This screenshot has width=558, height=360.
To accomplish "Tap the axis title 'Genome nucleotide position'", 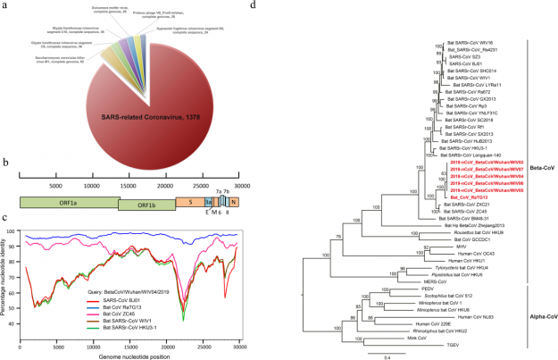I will (x=138, y=355).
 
